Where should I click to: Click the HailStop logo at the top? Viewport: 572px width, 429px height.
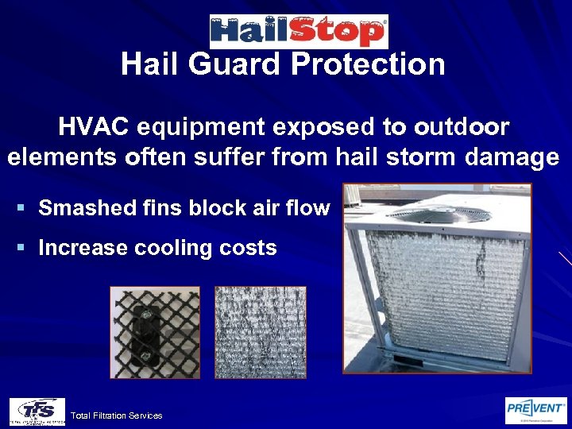point(298,31)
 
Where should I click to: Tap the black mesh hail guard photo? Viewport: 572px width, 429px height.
point(155,332)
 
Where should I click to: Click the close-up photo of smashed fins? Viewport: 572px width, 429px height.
point(261,332)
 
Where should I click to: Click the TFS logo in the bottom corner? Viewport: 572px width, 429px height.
point(37,411)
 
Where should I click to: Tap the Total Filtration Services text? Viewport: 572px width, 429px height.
point(116,415)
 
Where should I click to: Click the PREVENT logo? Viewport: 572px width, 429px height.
point(536,410)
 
